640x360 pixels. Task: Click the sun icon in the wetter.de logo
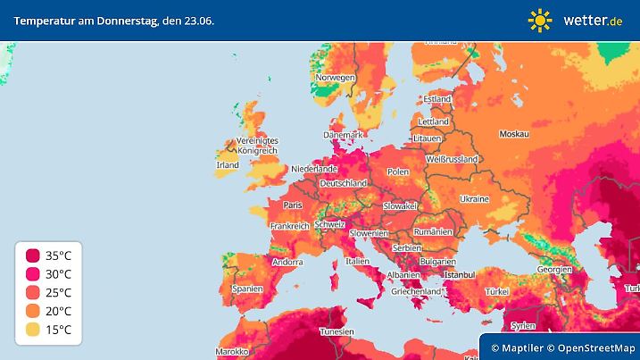point(540,20)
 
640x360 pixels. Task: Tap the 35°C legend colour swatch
point(33,255)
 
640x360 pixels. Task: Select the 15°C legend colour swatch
point(33,331)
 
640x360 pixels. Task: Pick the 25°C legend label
point(59,293)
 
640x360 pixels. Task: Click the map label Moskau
point(514,134)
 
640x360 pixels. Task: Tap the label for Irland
point(228,165)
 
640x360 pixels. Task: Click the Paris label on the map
point(293,205)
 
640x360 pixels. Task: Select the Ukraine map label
point(473,198)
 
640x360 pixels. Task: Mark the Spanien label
point(246,289)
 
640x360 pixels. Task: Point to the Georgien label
point(554,269)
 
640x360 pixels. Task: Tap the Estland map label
point(436,98)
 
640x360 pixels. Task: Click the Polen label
point(397,172)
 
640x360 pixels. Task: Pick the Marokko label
point(231,352)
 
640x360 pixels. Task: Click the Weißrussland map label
point(451,159)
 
